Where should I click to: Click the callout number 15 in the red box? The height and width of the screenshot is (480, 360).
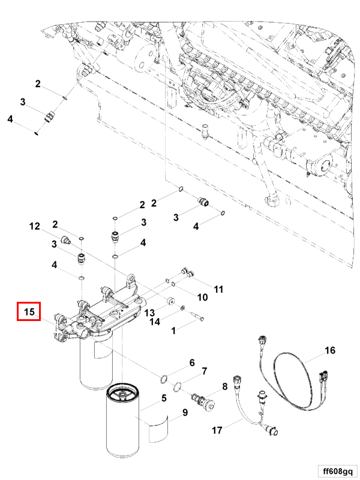[x=29, y=311]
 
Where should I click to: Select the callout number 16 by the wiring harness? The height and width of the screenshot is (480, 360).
[x=329, y=350]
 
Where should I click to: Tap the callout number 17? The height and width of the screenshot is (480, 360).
[x=217, y=430]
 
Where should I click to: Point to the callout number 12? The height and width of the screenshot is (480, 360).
[x=34, y=226]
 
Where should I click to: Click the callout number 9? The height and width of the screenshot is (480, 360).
[x=185, y=412]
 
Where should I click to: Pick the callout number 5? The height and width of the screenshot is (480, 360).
[x=164, y=398]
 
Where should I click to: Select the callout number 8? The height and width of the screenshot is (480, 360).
[x=224, y=386]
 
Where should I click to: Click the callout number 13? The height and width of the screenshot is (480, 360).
[x=149, y=313]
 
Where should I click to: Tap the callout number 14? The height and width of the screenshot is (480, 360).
[x=155, y=322]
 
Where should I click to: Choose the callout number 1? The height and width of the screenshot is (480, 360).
[x=173, y=331]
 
